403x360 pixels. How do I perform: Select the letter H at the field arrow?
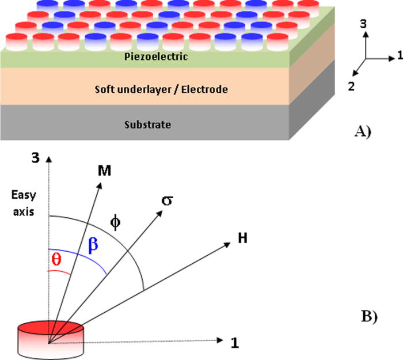242,238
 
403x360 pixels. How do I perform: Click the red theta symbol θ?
55,260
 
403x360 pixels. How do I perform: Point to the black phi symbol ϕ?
116,222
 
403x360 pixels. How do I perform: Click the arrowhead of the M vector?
101,184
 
